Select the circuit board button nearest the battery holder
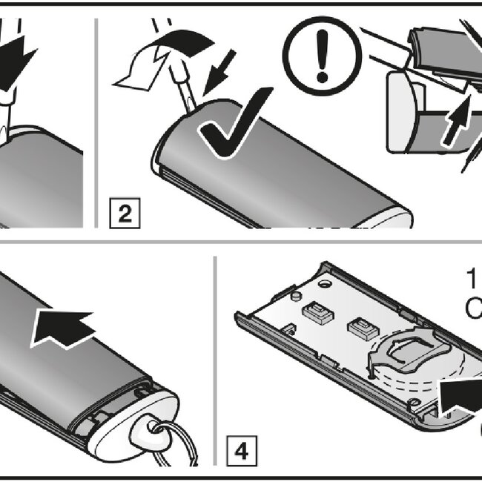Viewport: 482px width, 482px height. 361,326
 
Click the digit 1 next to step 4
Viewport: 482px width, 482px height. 472,280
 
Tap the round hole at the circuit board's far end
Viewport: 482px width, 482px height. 324,284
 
